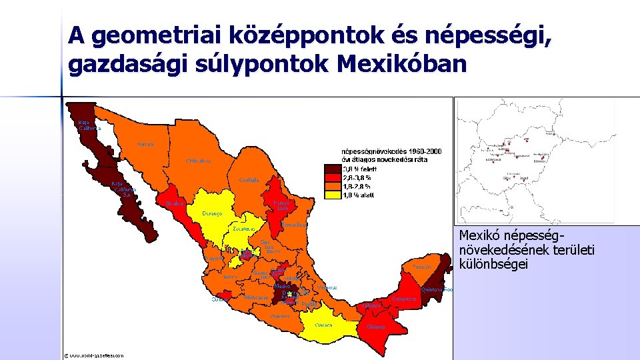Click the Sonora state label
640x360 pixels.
[145, 144]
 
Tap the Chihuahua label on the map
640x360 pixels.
[198, 161]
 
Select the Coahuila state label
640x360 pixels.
[249, 180]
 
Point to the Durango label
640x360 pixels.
[213, 213]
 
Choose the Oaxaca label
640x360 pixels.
[324, 325]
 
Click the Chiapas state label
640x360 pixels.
[375, 327]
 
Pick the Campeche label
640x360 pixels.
[404, 299]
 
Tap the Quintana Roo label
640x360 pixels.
[437, 290]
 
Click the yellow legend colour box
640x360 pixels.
[331, 195]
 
